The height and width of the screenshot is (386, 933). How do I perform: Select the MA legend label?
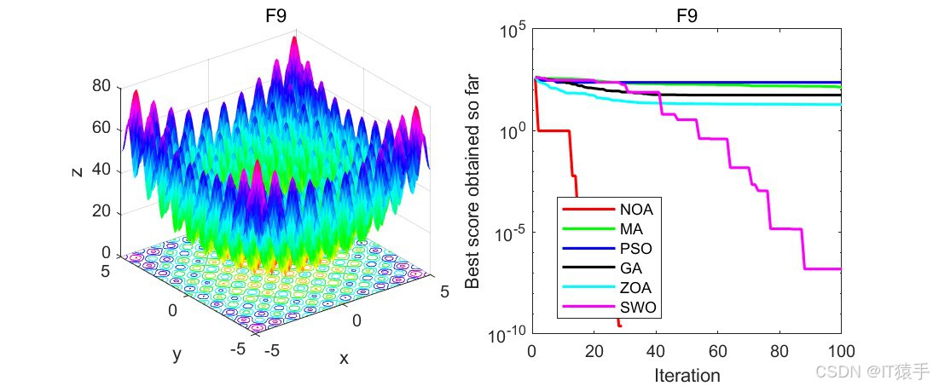pyautogui.click(x=632, y=228)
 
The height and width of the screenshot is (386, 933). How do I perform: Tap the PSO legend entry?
pyautogui.click(x=636, y=248)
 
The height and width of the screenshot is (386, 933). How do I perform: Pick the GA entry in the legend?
pyautogui.click(x=631, y=268)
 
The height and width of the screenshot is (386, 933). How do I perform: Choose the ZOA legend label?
pyautogui.click(x=636, y=287)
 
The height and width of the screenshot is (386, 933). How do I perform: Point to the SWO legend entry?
pyautogui.click(x=638, y=307)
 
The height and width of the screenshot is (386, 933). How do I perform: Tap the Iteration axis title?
pyautogui.click(x=687, y=375)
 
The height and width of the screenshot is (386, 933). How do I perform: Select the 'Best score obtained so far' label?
pyautogui.click(x=474, y=181)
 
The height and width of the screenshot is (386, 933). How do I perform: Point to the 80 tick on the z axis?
pyautogui.click(x=102, y=86)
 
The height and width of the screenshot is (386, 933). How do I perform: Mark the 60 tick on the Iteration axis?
pyautogui.click(x=717, y=351)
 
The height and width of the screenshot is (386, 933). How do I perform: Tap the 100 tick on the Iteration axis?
pyautogui.click(x=840, y=351)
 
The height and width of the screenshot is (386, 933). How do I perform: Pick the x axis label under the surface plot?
pyautogui.click(x=344, y=359)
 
